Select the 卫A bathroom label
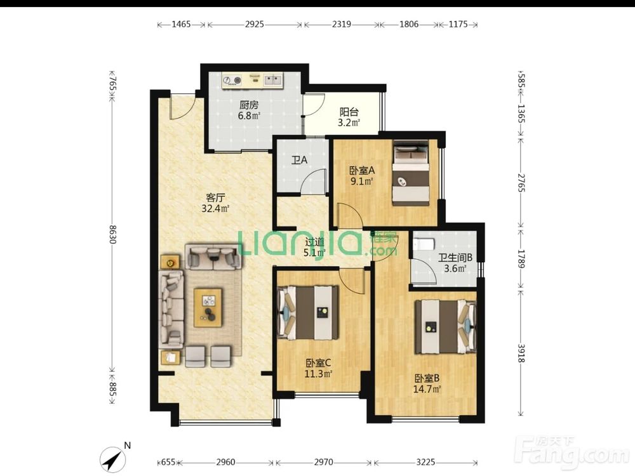[x=299, y=160]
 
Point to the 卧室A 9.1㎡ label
[x=362, y=175]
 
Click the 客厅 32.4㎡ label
[x=215, y=203]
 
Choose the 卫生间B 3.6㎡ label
[x=455, y=263]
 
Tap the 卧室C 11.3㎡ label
[x=318, y=368]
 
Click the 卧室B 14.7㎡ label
[x=427, y=384]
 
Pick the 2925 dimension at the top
[x=255, y=24]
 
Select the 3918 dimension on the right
[x=521, y=354]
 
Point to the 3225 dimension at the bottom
[x=425, y=462]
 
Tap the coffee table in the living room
[x=208, y=307]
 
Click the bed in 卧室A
[x=410, y=173]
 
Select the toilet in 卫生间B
[x=424, y=244]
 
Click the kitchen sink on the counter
[x=272, y=80]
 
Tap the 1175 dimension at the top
[x=458, y=24]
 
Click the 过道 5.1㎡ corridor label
[x=315, y=248]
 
